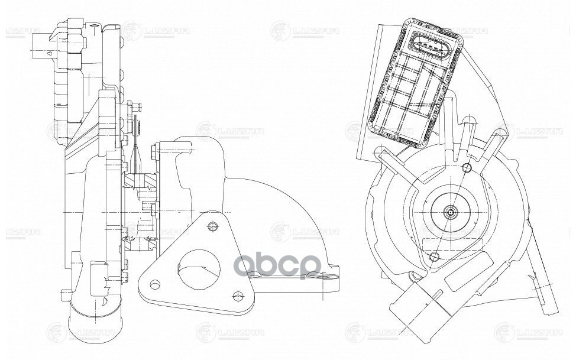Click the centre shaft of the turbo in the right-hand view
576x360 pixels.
pos(451,211)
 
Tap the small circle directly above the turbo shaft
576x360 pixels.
pos(468,167)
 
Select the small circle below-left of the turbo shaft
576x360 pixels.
pos(435,256)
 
